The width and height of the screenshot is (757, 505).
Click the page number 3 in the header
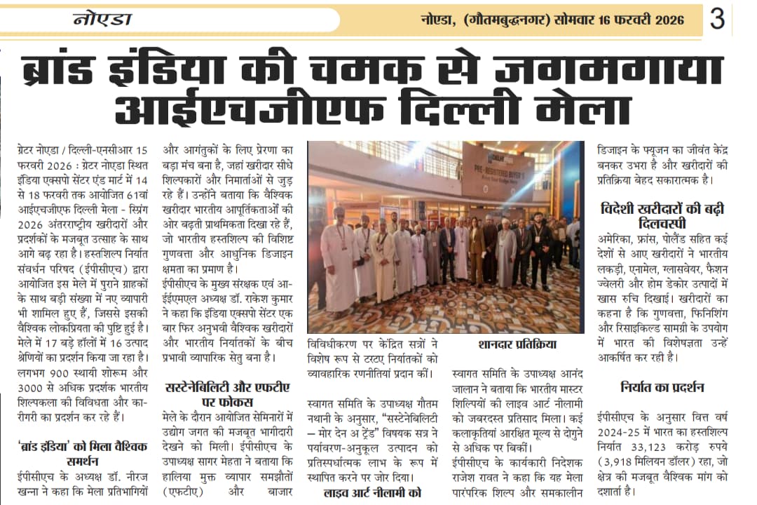pos(717,19)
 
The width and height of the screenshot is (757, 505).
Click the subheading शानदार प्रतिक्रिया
pos(517,344)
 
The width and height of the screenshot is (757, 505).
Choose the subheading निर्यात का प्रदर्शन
pos(662,387)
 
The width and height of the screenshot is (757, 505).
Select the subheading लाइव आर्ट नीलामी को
pos(372,492)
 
